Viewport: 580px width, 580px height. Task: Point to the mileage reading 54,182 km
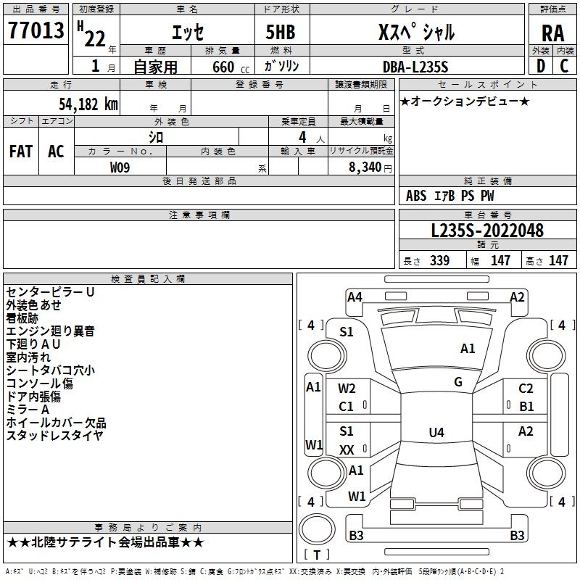[x=79, y=104]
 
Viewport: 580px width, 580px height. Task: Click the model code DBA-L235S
[x=416, y=67]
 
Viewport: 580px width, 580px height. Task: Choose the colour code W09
[x=120, y=167]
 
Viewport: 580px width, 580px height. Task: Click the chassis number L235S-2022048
[x=486, y=231]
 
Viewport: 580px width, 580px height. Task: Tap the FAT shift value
[x=21, y=151]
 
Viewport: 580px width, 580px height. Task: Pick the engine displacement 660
[x=223, y=67]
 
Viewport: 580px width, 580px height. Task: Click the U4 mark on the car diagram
[x=436, y=433]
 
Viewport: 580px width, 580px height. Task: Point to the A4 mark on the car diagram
[x=355, y=297]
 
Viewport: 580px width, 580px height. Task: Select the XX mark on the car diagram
[x=347, y=450]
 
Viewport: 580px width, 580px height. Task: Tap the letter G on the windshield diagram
[x=458, y=381]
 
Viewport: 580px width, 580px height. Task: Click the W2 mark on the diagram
[x=347, y=389]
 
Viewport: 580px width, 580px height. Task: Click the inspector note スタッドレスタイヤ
[x=54, y=436]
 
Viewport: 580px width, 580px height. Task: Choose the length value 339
[x=439, y=261]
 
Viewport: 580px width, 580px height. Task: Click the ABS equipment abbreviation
[x=416, y=196]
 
